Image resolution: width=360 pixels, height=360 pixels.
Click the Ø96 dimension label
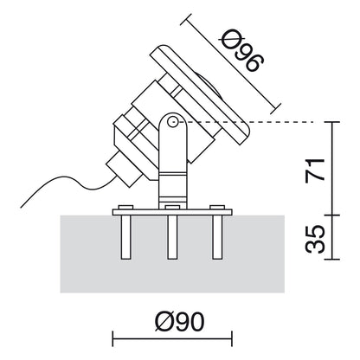[x=243, y=51]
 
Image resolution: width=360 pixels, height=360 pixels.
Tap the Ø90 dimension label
[x=180, y=322]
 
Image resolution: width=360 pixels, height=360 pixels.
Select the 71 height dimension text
[x=315, y=170]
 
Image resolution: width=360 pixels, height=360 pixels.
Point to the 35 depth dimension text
[x=315, y=239]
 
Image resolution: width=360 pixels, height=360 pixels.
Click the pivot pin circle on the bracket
[x=173, y=121]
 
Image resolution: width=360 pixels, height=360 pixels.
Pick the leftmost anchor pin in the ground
[x=125, y=237]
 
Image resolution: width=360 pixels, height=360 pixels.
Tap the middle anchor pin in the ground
[x=172, y=237]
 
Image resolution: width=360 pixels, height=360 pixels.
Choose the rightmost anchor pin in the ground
[x=217, y=237]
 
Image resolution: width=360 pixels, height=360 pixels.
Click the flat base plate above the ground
[x=172, y=212]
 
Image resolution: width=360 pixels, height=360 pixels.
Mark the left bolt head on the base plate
[x=125, y=207]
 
